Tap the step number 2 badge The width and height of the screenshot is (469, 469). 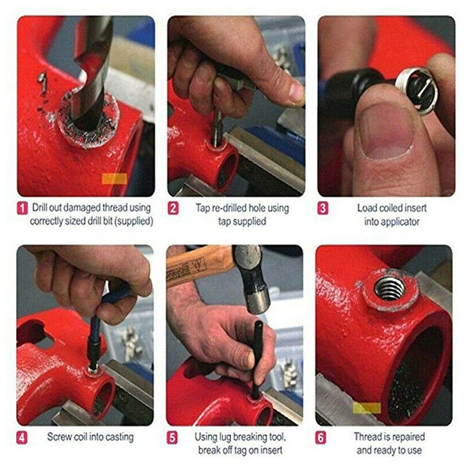(173, 209)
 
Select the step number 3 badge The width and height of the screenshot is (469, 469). (323, 209)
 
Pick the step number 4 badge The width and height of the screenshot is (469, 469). (22, 438)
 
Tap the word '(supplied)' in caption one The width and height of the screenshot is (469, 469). (134, 221)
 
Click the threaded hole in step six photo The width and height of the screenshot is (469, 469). (390, 289)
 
